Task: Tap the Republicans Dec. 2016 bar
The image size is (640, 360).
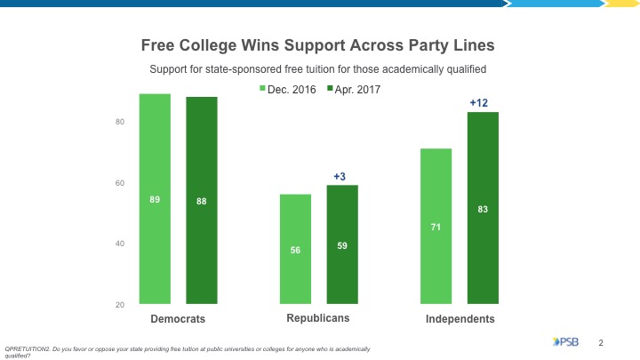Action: pos(295,250)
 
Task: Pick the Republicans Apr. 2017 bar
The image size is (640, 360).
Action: pos(342,245)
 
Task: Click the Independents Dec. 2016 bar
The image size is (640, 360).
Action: pos(436,227)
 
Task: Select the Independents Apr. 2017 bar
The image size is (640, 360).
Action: pos(483,209)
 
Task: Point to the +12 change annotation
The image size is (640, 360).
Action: pos(479,104)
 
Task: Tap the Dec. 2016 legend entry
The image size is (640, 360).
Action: pos(289,89)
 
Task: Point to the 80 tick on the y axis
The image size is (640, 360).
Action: pos(120,122)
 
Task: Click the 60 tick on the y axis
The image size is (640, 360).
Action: pos(120,183)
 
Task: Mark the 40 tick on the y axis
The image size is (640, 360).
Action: pos(120,244)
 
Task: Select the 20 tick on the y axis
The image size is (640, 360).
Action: pos(120,306)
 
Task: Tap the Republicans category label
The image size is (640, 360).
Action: pos(318,318)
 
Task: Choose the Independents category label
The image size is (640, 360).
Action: pos(460,319)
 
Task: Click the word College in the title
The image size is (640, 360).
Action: pos(214,44)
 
